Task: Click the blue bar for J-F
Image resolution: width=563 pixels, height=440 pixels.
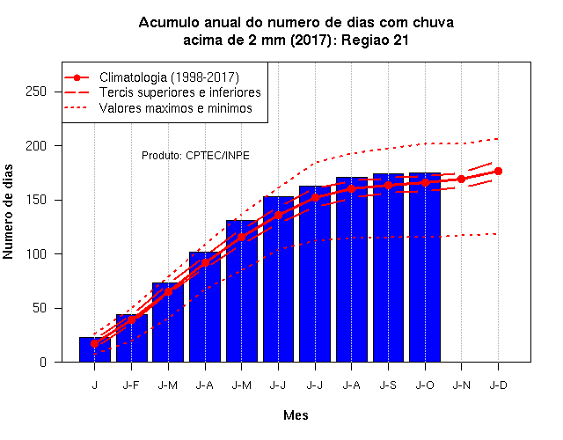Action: (132, 338)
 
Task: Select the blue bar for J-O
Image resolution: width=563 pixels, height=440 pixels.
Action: (425, 268)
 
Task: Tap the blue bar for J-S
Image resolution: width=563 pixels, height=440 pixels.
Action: (388, 268)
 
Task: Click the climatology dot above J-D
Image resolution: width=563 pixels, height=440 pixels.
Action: (498, 171)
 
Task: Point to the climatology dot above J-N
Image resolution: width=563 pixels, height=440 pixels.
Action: (461, 179)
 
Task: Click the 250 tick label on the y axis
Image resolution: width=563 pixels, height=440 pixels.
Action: (36, 92)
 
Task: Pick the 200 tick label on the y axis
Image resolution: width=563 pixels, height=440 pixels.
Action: (36, 146)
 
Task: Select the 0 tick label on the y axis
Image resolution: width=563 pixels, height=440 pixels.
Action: (43, 362)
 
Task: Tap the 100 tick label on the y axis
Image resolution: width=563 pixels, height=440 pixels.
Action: (36, 254)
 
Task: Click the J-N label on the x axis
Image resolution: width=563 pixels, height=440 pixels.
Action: (461, 385)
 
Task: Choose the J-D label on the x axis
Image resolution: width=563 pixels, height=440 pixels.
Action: (499, 385)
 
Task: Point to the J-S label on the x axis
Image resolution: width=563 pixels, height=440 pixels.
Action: (388, 385)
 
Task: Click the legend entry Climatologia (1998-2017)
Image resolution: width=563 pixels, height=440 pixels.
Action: (169, 77)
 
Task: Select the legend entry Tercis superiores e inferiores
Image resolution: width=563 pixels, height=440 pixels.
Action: (179, 92)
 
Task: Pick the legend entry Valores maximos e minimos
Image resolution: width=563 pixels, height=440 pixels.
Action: (176, 108)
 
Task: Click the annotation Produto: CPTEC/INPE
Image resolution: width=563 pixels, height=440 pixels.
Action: (195, 156)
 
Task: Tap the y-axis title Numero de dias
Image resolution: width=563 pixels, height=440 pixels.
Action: (8, 211)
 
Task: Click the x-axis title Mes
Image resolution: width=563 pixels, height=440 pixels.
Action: (296, 415)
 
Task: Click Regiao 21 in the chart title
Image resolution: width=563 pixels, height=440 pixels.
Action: (376, 40)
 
